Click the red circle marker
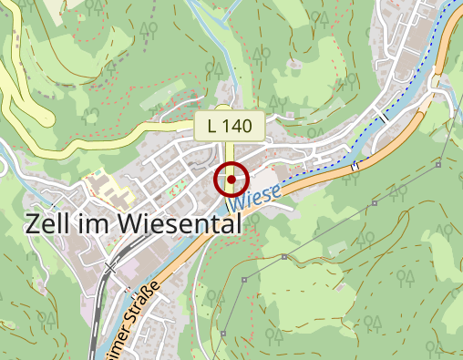(231, 180)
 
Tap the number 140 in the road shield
(240, 126)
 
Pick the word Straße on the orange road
(141, 305)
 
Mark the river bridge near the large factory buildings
(386, 117)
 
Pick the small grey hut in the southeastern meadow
(283, 257)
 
